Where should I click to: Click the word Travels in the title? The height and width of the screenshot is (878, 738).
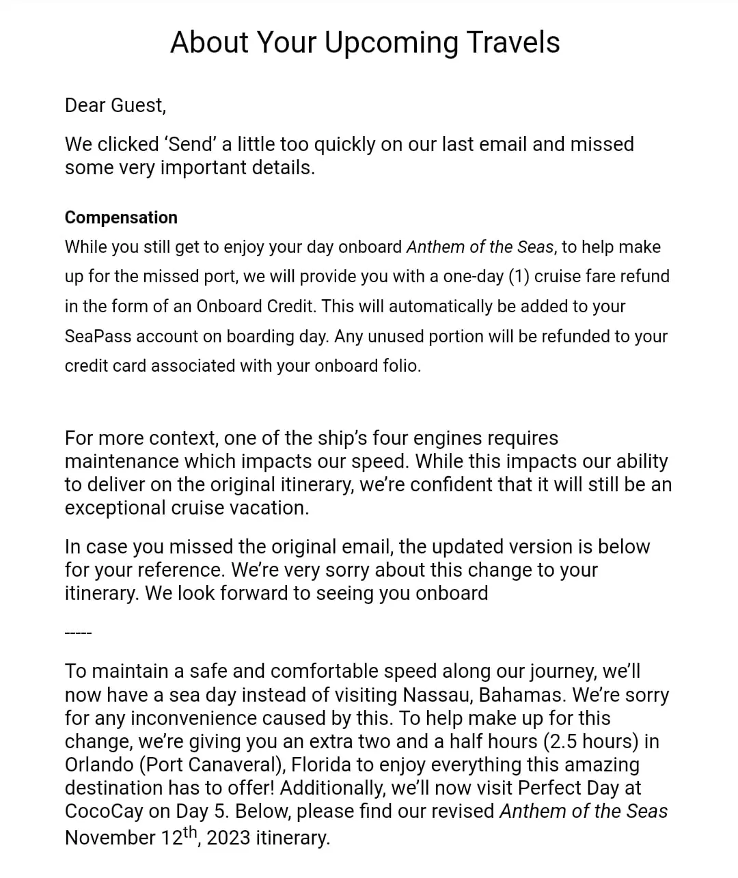click(513, 42)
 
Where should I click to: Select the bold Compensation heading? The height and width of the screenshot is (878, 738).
click(121, 217)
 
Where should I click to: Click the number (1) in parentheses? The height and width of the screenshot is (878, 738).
click(519, 277)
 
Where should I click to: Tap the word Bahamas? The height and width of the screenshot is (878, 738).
click(523, 695)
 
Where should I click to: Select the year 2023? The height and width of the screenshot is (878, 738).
click(228, 838)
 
